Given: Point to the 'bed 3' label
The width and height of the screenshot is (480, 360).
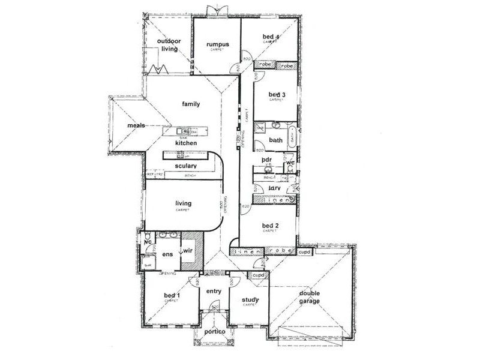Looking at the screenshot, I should pos(276,95).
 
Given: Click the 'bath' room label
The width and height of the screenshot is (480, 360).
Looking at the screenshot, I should pos(275,140).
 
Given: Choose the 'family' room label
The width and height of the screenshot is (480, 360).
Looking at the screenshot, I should pos(191,103).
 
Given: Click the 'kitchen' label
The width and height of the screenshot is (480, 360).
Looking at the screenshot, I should pos(187,144).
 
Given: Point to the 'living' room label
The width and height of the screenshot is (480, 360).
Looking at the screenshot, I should pos(182,203).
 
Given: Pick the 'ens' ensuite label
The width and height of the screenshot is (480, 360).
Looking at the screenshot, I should pos(167,254).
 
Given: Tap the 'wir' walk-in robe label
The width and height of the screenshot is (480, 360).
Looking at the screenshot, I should pos(187,250).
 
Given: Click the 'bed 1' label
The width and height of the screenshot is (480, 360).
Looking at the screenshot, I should pos(172,296).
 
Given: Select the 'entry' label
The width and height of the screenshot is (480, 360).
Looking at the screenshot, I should pos(214,292).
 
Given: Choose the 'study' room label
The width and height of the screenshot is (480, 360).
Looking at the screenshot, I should pos(250,300).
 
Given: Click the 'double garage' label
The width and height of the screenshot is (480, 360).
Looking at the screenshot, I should pos(310,298).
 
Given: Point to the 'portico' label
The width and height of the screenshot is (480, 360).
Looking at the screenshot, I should pos(214,332).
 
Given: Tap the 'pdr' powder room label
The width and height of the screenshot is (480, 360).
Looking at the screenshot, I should pos(268,160).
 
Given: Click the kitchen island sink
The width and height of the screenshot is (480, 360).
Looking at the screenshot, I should pos(182,131).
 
